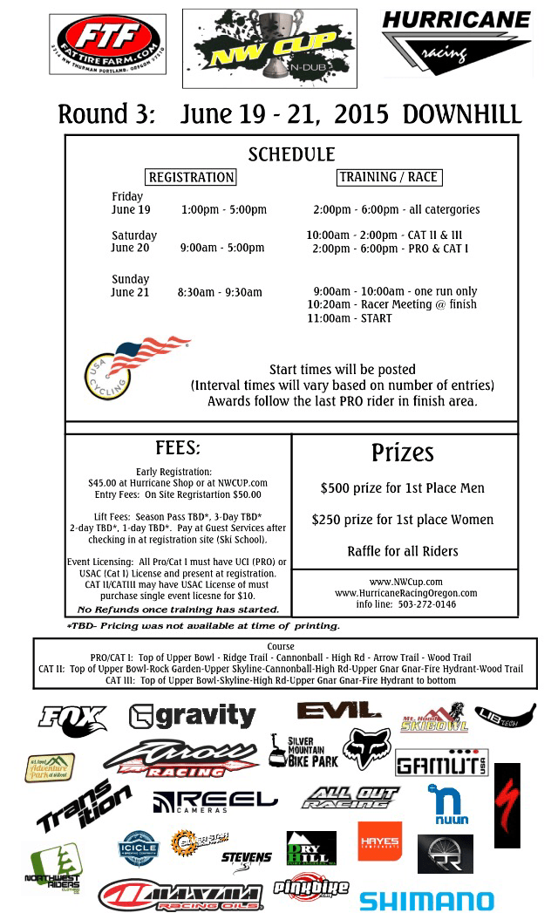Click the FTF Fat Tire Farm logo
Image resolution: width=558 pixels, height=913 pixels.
107,44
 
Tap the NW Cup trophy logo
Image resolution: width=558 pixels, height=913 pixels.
269,49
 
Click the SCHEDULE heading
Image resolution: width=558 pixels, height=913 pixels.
291,155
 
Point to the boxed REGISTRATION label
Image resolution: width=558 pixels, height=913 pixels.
191,177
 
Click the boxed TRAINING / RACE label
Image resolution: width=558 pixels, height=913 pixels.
388,177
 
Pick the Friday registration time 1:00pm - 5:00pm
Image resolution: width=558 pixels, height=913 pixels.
224,210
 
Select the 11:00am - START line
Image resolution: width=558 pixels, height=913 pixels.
350,318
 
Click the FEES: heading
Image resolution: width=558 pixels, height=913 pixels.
178,448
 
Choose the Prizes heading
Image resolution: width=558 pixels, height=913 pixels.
402,453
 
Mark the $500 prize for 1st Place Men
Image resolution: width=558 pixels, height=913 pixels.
402,488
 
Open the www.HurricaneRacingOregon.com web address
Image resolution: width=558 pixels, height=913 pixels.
405,593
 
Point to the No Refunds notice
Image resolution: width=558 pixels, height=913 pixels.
178,610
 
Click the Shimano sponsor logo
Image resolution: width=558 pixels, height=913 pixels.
426,900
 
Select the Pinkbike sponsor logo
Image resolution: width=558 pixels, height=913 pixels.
310,888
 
